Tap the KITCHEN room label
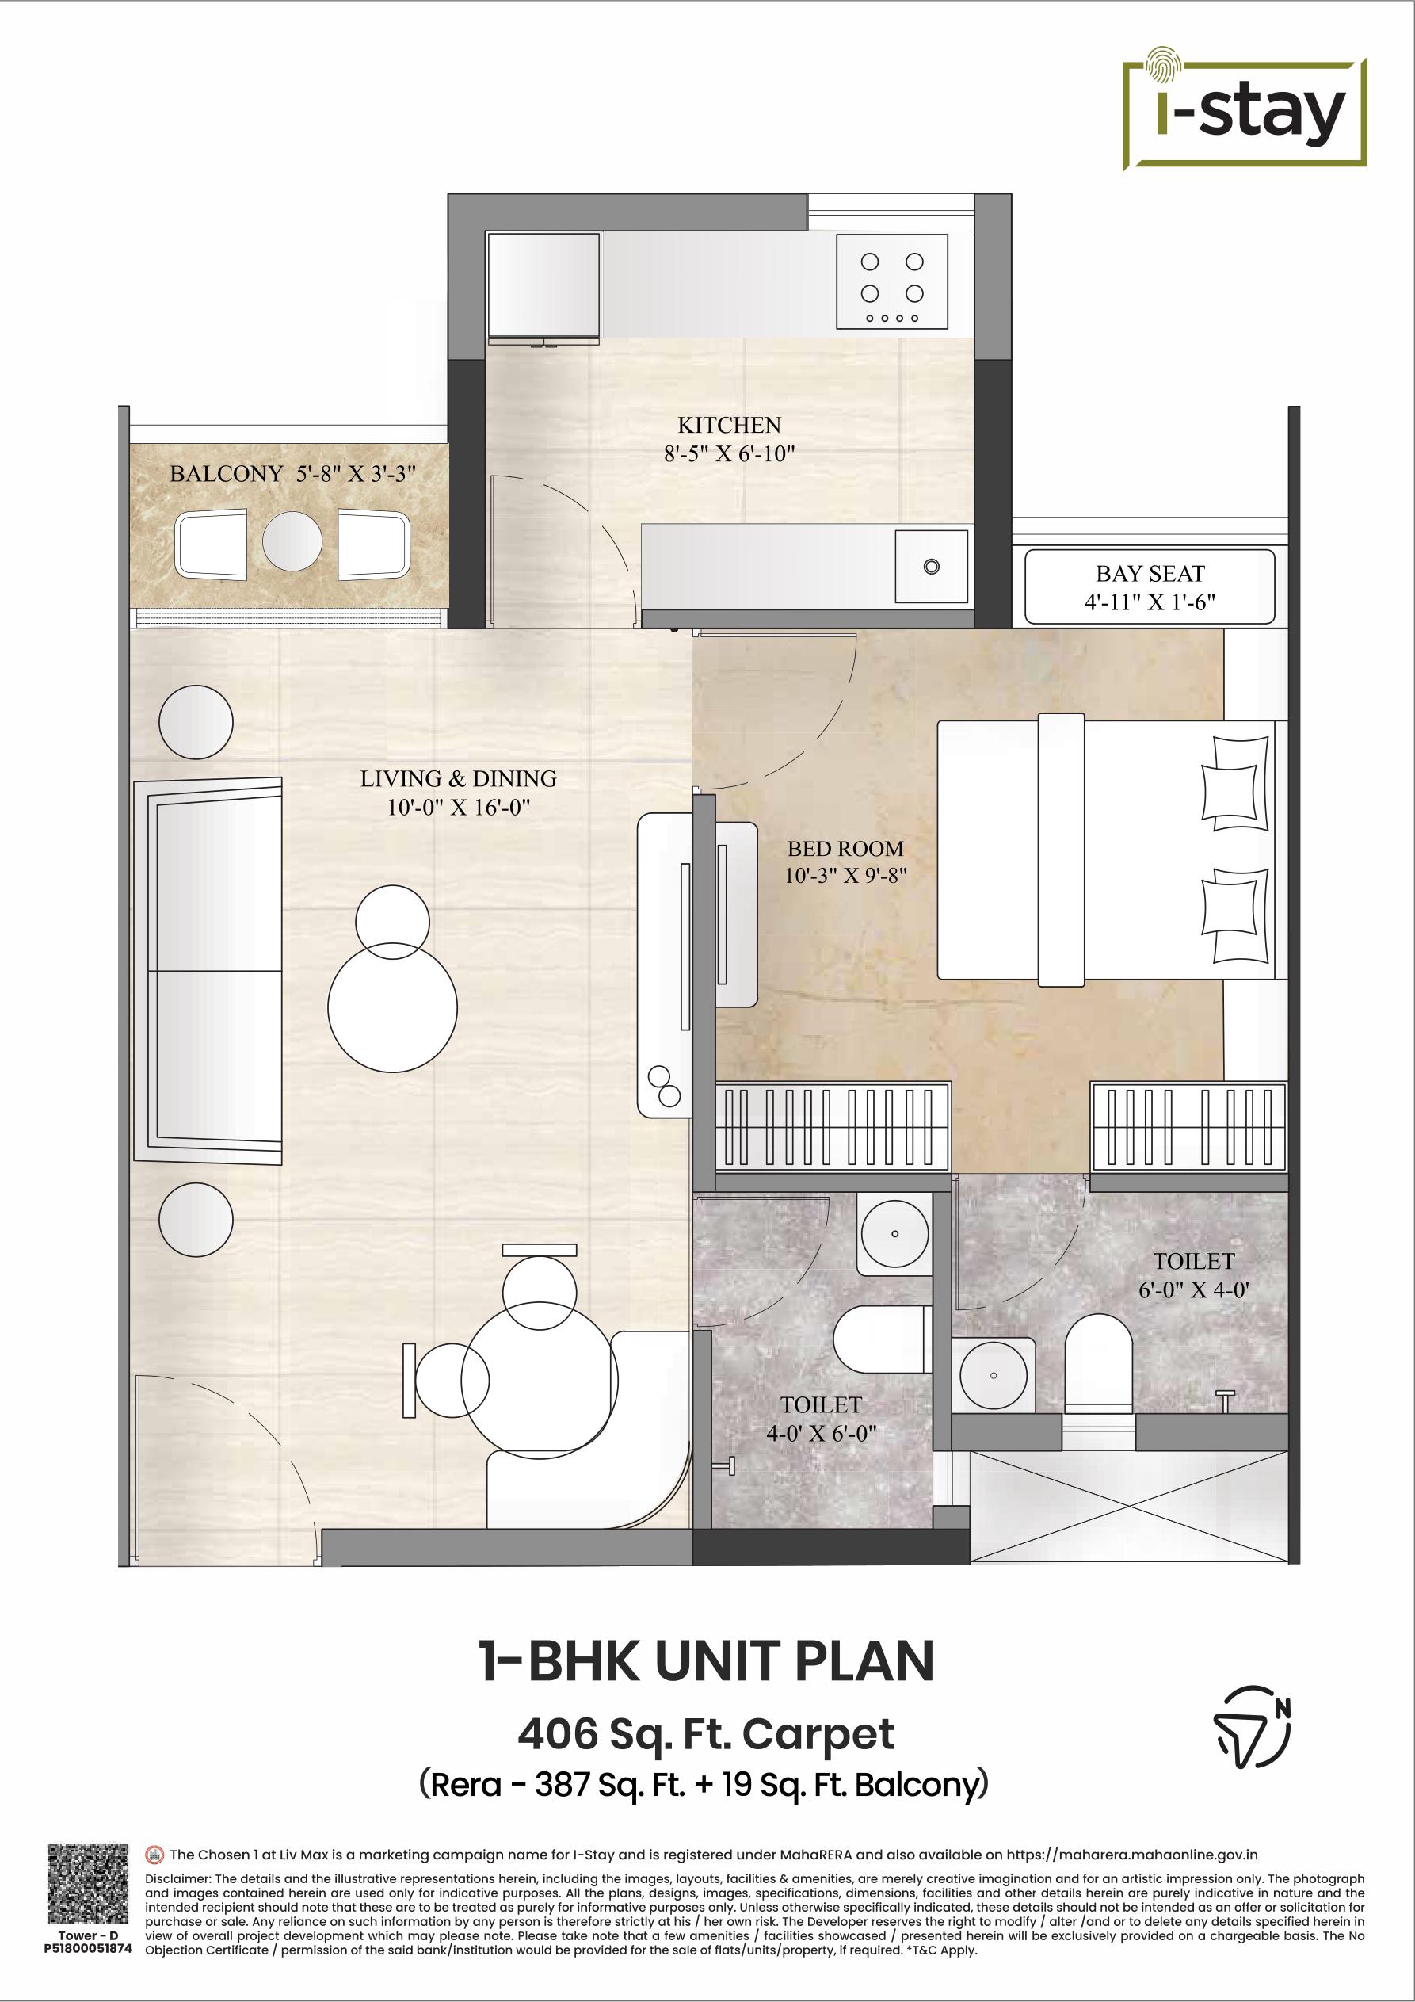click(x=729, y=426)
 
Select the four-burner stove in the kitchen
click(x=892, y=281)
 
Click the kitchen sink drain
click(x=931, y=567)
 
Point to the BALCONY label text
click(x=226, y=473)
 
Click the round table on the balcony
click(x=292, y=541)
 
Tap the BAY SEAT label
click(x=1150, y=574)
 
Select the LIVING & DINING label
click(x=459, y=778)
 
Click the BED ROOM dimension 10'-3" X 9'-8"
click(x=845, y=876)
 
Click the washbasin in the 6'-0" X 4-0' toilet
click(x=993, y=1375)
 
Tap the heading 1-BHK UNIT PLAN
click(x=707, y=1661)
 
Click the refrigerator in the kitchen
click(x=544, y=285)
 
